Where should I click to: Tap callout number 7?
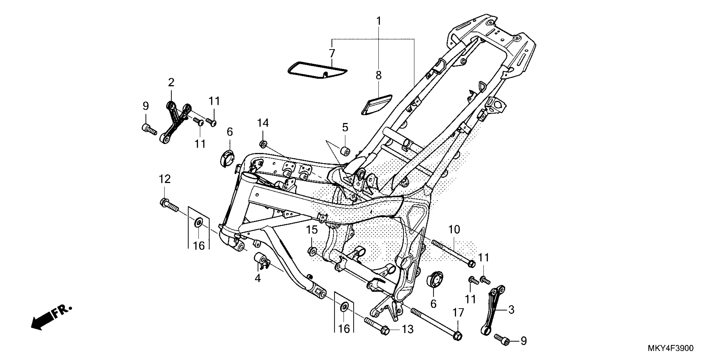(332, 53)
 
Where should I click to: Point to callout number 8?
(378, 75)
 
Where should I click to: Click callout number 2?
(171, 82)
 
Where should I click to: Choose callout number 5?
(345, 127)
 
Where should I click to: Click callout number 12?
(165, 179)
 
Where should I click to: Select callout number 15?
(312, 230)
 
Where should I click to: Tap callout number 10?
(454, 230)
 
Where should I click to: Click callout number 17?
(458, 313)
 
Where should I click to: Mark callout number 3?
(511, 309)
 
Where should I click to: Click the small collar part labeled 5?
(345, 150)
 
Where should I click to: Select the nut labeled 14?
(263, 144)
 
